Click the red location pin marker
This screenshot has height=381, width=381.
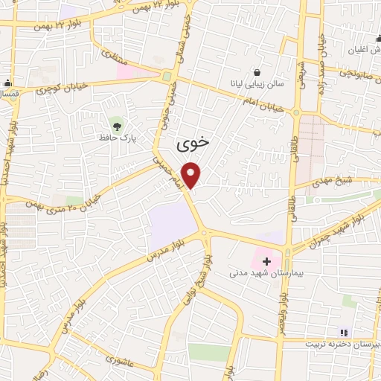coord(192,175)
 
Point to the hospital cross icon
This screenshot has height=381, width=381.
coord(266,261)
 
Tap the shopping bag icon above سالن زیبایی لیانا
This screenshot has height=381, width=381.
coord(257,73)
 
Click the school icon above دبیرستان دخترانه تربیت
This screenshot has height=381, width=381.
coord(343,333)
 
